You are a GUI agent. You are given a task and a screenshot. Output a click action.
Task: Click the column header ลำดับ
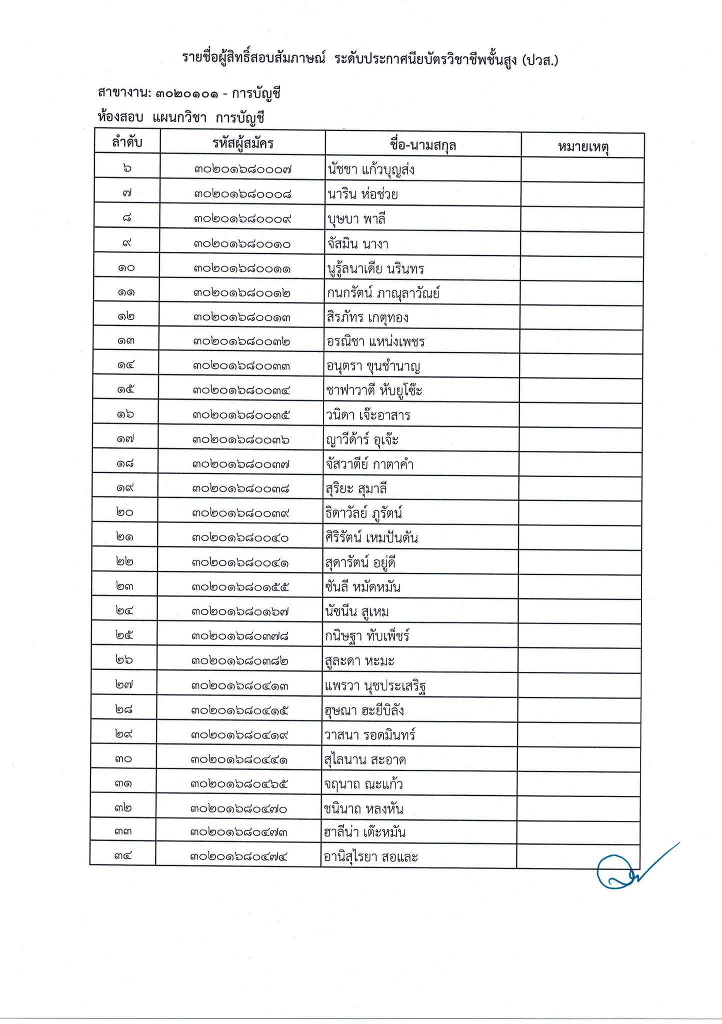(127, 143)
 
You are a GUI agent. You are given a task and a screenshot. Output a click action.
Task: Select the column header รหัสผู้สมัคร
(242, 144)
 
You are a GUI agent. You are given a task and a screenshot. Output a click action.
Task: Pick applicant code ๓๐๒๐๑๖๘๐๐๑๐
(242, 244)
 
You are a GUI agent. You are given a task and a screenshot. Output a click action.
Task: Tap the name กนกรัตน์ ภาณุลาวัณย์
(383, 293)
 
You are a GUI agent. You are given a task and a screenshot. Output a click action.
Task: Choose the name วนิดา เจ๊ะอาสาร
(369, 415)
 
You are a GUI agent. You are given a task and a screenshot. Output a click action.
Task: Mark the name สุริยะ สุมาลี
(357, 488)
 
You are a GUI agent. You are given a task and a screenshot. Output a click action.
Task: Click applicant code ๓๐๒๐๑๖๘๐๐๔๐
(240, 538)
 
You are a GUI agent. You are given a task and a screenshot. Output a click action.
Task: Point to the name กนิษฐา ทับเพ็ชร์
(367, 636)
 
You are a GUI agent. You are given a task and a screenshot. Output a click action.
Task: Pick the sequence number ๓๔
(122, 857)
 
